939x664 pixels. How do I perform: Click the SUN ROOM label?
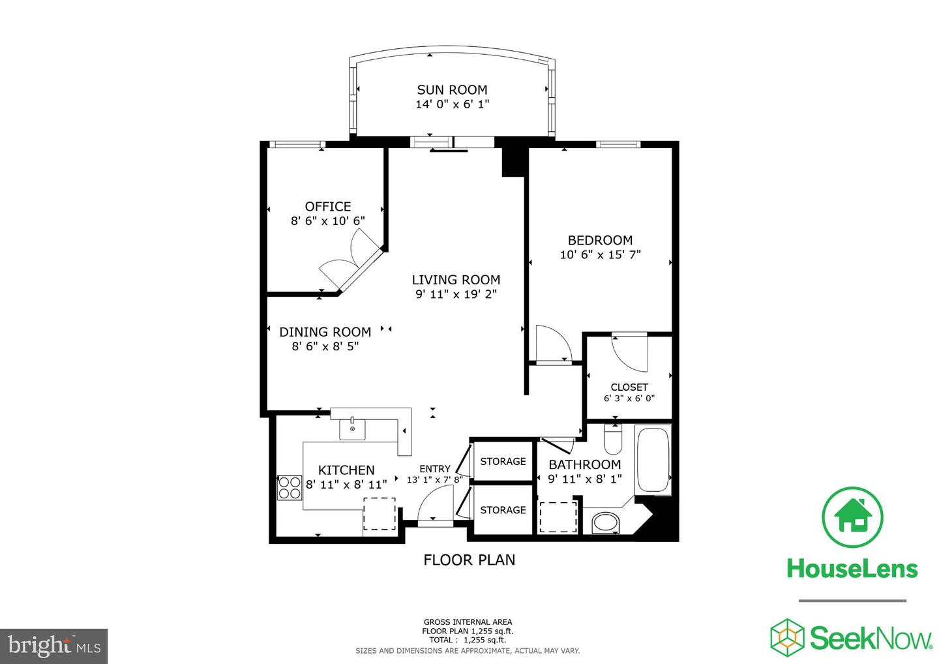point(452,90)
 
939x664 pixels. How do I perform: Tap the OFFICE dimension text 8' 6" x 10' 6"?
point(327,221)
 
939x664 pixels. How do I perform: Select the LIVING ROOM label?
point(456,280)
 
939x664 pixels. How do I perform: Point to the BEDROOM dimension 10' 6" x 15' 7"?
point(600,255)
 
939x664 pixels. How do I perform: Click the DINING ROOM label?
point(325,332)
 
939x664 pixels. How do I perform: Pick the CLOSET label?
point(629,387)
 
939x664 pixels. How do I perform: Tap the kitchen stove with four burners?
point(289,487)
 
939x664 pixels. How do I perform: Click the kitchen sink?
point(353,429)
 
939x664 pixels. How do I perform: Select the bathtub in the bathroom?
point(653,459)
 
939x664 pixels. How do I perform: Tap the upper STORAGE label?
point(503,462)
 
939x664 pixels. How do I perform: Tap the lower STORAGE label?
point(503,510)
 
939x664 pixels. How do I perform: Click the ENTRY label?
point(434,469)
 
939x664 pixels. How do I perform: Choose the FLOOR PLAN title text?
point(469,560)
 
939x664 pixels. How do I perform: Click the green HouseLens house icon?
point(852,517)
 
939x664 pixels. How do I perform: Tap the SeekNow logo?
point(851,637)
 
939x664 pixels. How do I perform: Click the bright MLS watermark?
point(54,646)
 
